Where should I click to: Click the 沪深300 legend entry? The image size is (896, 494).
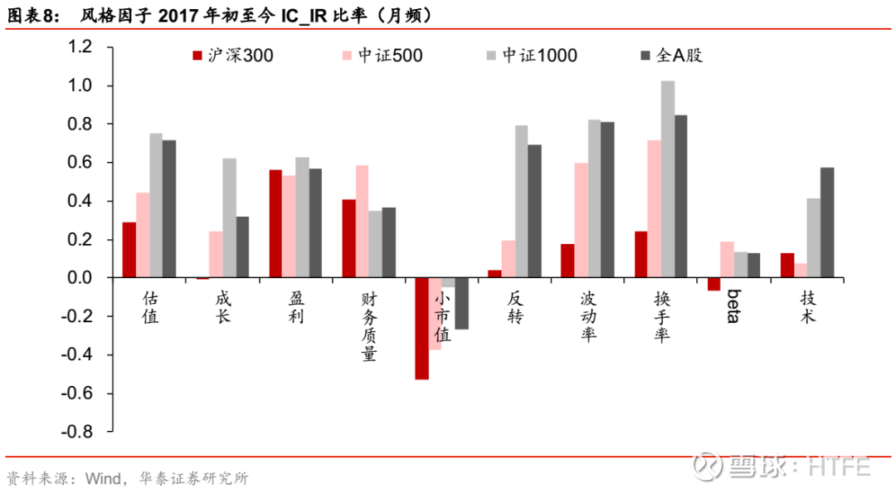click(x=232, y=56)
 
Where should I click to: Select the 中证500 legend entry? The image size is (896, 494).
click(x=382, y=56)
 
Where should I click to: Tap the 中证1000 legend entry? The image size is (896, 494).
click(x=532, y=56)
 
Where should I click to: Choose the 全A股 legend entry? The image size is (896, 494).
click(x=671, y=56)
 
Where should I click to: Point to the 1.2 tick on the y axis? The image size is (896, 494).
click(x=80, y=46)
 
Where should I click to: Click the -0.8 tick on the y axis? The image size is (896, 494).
click(x=76, y=432)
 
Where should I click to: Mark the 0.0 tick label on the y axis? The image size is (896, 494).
click(x=80, y=278)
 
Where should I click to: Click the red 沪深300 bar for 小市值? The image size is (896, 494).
click(x=421, y=329)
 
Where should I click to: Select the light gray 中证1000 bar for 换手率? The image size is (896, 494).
click(x=668, y=179)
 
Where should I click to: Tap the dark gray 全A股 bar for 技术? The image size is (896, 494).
click(x=827, y=223)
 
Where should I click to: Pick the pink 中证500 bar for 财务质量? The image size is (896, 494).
click(x=363, y=222)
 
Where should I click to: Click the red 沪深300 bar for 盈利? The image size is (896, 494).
click(x=275, y=224)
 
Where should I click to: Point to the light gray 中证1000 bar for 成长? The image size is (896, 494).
click(x=230, y=218)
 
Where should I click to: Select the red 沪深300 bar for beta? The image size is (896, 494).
click(x=713, y=284)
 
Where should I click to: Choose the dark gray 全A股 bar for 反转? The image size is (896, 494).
click(x=534, y=212)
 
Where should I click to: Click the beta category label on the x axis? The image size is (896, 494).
click(x=733, y=306)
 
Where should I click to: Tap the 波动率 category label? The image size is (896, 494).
click(x=588, y=316)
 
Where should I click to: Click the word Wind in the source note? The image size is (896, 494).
click(x=103, y=478)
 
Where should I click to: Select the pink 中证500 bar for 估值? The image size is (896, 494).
click(x=143, y=236)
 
